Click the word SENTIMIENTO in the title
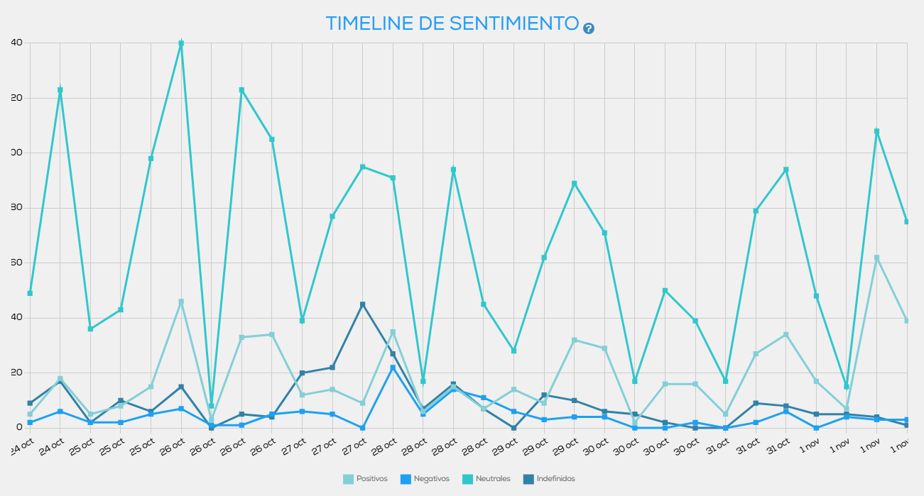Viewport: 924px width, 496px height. (x=514, y=23)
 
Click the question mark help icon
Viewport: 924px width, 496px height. (x=589, y=28)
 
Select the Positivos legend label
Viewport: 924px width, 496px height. (x=372, y=479)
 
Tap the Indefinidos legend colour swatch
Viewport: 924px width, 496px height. (x=528, y=479)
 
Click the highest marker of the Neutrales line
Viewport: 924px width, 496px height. (x=181, y=43)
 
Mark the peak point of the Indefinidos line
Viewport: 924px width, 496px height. (x=363, y=304)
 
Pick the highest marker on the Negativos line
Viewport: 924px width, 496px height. (x=393, y=368)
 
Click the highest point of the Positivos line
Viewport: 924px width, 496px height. (x=877, y=258)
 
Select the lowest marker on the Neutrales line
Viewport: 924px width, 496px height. (x=212, y=406)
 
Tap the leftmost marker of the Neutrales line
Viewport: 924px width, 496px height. (x=30, y=293)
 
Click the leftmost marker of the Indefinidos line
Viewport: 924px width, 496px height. (x=30, y=403)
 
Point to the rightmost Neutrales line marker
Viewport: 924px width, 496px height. (x=907, y=221)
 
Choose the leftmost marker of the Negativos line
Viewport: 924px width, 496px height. (x=30, y=422)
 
